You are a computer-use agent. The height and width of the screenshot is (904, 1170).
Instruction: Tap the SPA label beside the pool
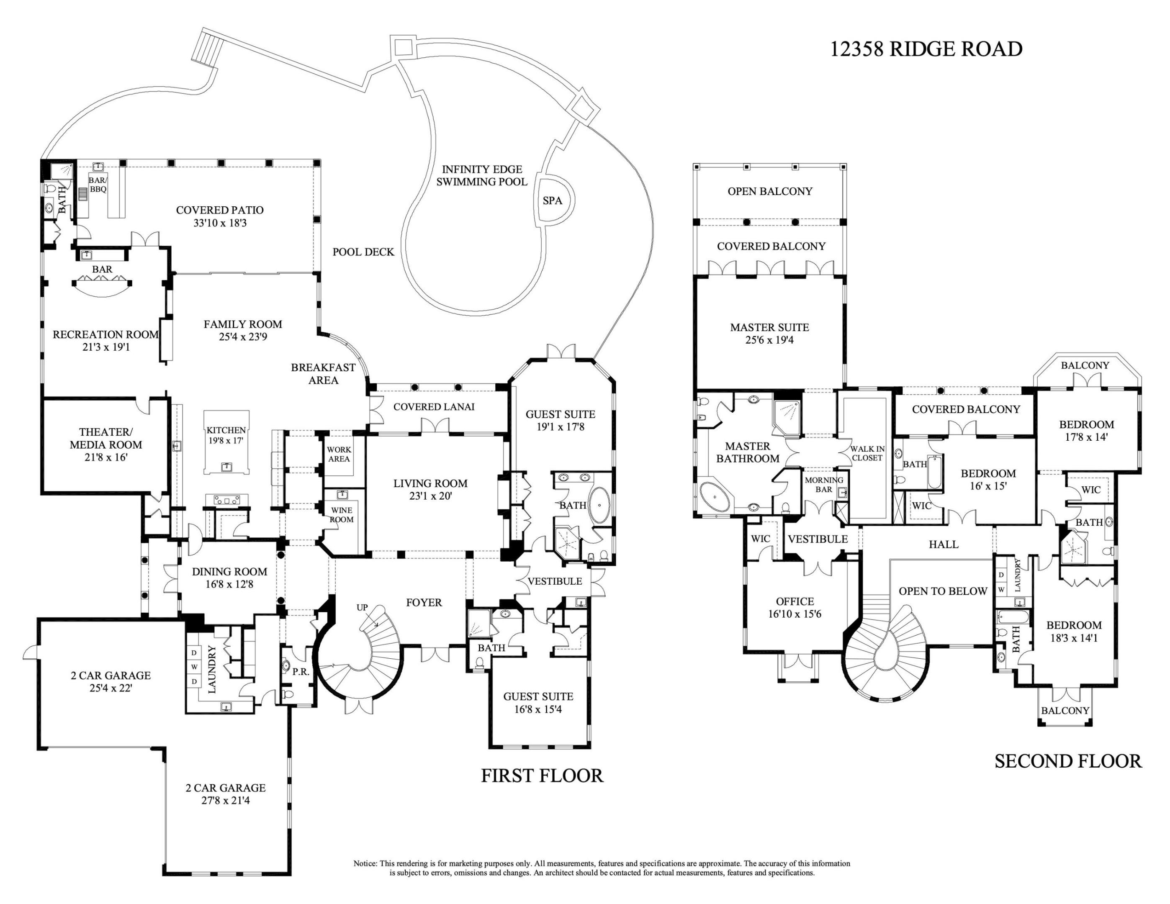pos(552,200)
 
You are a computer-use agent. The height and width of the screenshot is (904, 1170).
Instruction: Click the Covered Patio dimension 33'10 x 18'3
pos(220,223)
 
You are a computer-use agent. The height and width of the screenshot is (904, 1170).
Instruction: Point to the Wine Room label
pos(341,515)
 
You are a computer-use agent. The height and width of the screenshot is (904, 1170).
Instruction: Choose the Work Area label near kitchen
pos(339,454)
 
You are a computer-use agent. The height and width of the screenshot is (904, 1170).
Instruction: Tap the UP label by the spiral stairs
pos(362,607)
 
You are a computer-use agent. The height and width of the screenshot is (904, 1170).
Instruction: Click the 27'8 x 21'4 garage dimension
pos(226,800)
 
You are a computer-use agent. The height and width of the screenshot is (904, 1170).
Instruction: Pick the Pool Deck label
pos(363,252)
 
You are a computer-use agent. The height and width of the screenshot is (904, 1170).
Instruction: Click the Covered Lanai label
pos(434,406)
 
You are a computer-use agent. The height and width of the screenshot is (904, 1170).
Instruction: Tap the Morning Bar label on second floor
pos(824,485)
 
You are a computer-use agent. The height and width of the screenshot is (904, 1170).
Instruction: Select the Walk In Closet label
pos(867,453)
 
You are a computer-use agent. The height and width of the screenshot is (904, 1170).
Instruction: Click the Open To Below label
pos(943,591)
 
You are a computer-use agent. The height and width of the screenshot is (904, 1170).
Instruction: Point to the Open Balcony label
pos(770,191)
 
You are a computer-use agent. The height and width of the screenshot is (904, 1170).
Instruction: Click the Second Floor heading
pos(1068,761)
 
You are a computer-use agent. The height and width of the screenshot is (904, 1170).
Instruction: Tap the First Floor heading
pos(542,776)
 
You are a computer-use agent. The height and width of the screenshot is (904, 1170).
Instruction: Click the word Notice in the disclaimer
pos(365,863)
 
